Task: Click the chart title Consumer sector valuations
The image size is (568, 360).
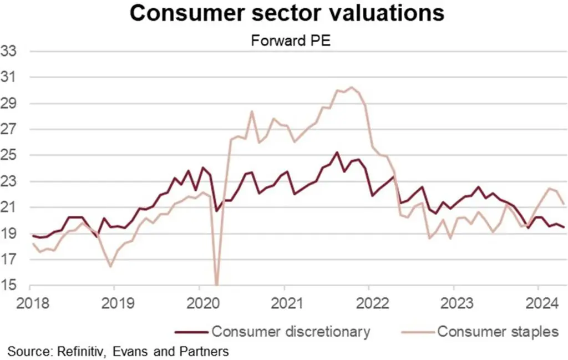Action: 287,13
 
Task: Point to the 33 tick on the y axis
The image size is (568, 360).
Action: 11,52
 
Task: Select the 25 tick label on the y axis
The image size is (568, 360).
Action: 11,156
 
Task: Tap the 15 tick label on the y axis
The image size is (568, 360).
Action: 11,286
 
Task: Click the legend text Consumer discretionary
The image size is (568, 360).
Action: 291,332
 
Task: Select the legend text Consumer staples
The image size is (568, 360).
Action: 498,332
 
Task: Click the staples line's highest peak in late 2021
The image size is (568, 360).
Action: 351,87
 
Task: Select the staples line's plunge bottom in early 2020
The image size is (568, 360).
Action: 216,285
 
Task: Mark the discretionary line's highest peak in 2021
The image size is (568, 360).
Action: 337,152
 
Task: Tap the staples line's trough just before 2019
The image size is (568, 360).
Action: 110,267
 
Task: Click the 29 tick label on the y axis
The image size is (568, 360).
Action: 11,104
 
